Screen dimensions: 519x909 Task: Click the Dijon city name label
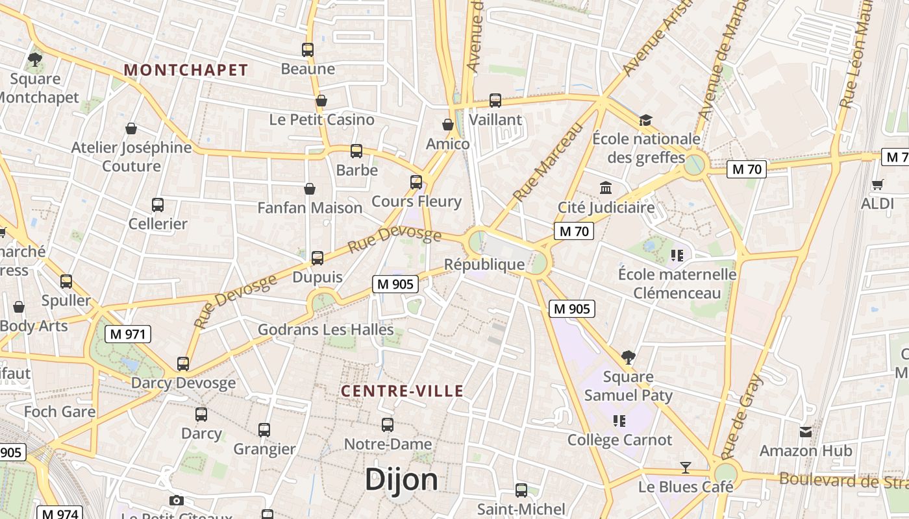pyautogui.click(x=401, y=480)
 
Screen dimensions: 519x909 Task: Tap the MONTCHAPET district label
pyautogui.click(x=186, y=70)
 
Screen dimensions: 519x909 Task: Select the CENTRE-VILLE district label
pyautogui.click(x=403, y=391)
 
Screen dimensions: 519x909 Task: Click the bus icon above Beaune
pyautogui.click(x=308, y=50)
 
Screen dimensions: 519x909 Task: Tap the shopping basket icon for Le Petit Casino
pyautogui.click(x=321, y=101)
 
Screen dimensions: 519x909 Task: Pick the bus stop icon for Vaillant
pyautogui.click(x=495, y=101)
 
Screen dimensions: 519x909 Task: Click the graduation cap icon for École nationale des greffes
pyautogui.click(x=645, y=120)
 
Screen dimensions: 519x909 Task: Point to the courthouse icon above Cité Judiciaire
pyautogui.click(x=606, y=188)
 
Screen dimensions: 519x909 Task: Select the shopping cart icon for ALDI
pyautogui.click(x=878, y=185)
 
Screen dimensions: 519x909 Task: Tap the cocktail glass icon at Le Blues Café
pyautogui.click(x=685, y=468)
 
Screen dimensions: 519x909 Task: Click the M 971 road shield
pyautogui.click(x=128, y=334)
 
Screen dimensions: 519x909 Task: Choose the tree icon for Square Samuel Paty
pyautogui.click(x=628, y=357)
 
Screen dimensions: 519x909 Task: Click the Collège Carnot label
pyautogui.click(x=620, y=440)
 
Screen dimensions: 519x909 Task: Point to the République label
pyautogui.click(x=484, y=264)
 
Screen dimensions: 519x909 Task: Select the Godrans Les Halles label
pyautogui.click(x=326, y=330)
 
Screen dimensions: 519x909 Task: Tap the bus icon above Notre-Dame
pyautogui.click(x=388, y=425)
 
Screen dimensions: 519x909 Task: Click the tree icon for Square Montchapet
pyautogui.click(x=35, y=60)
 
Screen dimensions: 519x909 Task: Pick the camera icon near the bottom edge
pyautogui.click(x=176, y=500)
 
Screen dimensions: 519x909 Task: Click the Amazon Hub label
pyautogui.click(x=806, y=450)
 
